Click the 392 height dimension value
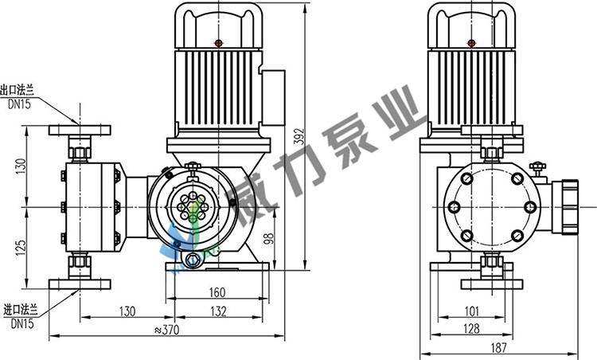pyautogui.click(x=300, y=136)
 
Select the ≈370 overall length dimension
pyautogui.click(x=167, y=330)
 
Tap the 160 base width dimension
pyautogui.click(x=217, y=292)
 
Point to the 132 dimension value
pyautogui.click(x=219, y=311)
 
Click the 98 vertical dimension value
pyautogui.click(x=269, y=238)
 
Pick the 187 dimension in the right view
pyautogui.click(x=499, y=347)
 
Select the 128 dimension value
pyautogui.click(x=472, y=328)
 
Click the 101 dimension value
pyautogui.click(x=472, y=311)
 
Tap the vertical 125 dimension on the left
pyautogui.click(x=21, y=247)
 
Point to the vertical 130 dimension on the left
pyautogui.click(x=21, y=166)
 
